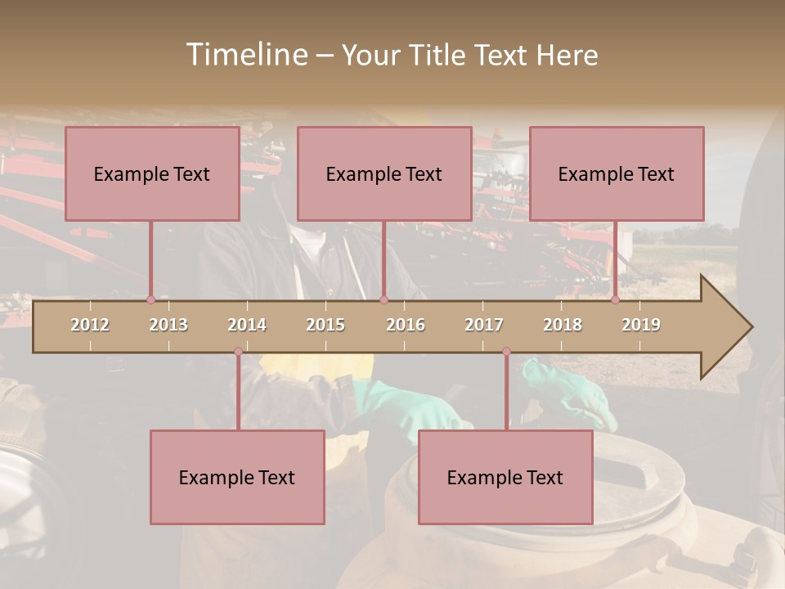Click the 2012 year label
(90, 325)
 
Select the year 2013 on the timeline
(168, 325)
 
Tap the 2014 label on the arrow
(247, 325)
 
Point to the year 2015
(325, 325)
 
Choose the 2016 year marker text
(406, 325)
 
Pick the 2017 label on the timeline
(484, 325)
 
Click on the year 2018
(563, 325)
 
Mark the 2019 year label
(641, 325)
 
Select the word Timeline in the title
(244, 55)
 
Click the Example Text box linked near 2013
(152, 173)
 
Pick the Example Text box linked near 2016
(384, 173)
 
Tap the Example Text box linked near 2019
(617, 173)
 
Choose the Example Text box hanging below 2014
(237, 477)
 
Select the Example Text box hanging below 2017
(505, 477)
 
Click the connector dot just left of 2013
(150, 300)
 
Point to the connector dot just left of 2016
(384, 300)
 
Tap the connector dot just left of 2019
(616, 300)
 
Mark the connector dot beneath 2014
(238, 351)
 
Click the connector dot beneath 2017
(506, 351)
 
